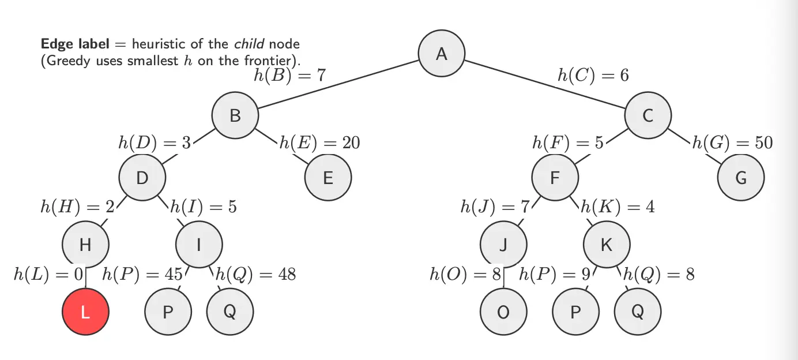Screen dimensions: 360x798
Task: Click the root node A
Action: pos(442,54)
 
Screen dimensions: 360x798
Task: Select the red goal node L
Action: pos(85,312)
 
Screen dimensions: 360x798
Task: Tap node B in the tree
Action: pos(235,115)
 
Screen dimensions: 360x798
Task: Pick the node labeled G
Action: pos(741,178)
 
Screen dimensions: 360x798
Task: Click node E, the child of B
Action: pos(328,178)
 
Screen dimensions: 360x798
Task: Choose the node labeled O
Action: pos(503,312)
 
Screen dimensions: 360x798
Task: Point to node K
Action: pos(607,245)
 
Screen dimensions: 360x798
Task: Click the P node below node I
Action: pos(168,312)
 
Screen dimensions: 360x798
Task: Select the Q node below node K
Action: pos(638,312)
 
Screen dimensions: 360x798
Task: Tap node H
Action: pos(85,245)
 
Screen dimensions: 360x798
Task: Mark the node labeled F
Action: pos(555,178)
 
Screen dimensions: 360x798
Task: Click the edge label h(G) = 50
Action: pos(732,142)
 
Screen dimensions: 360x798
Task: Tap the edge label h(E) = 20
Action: pos(319,142)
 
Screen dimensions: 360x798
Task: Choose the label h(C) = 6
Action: pos(593,76)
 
